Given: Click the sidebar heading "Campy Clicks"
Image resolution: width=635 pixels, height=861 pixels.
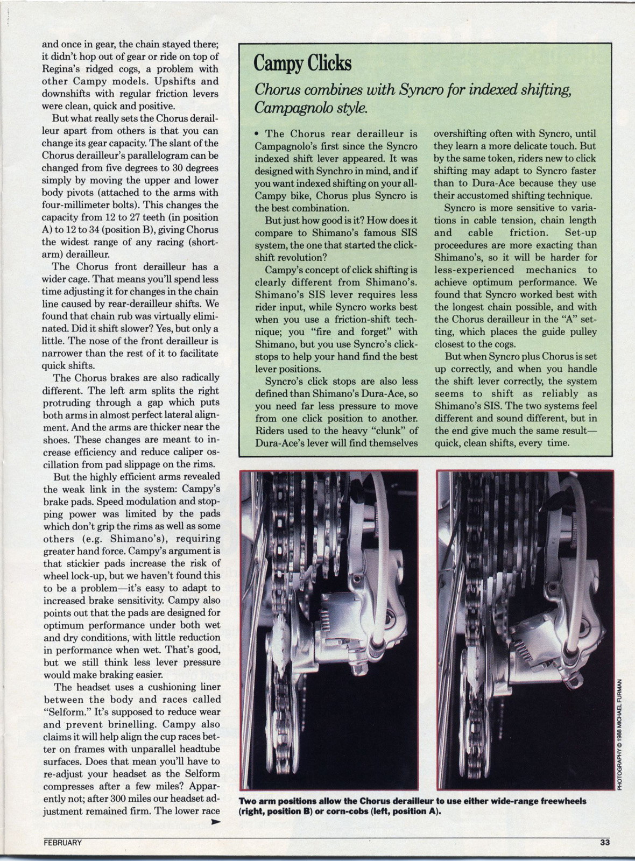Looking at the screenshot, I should [302, 63].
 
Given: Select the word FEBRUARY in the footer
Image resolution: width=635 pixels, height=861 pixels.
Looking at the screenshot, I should [63, 843].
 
